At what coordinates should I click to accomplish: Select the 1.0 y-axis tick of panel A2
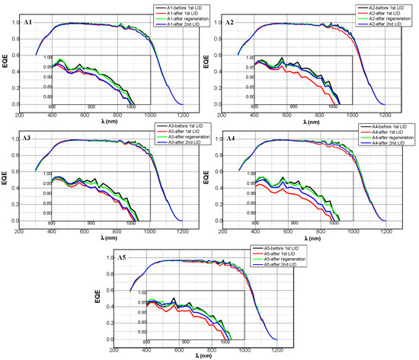point(216,23)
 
